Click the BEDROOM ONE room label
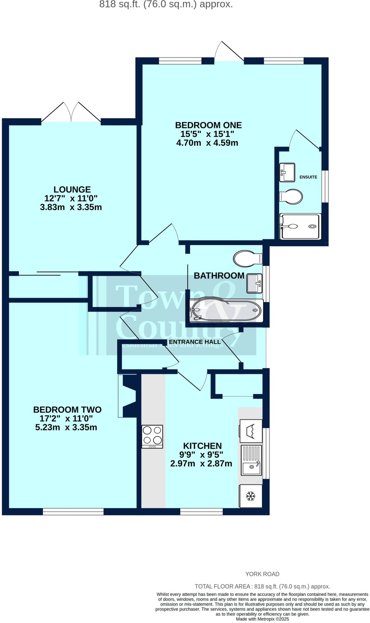[208, 125]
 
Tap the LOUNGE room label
[72, 190]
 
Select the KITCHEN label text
[202, 446]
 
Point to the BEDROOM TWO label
[67, 409]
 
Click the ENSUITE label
[308, 177]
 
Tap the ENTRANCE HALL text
[195, 342]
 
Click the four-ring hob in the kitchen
[152, 436]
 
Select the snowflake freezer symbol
[250, 496]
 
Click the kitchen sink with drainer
[251, 460]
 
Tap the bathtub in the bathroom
[226, 310]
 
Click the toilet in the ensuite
[291, 196]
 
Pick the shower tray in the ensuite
[300, 226]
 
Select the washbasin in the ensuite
[287, 172]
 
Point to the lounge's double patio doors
[71, 113]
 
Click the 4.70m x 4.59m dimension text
[207, 143]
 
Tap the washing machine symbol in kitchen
[251, 431]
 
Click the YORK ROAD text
[262, 574]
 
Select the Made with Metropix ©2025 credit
[262, 619]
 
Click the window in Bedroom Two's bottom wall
[73, 512]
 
